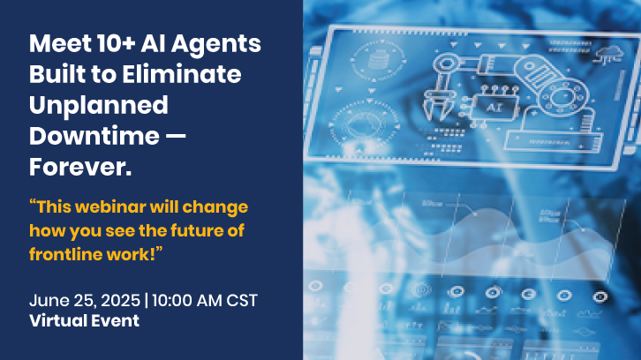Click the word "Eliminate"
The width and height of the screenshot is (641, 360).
pyautogui.click(x=196, y=75)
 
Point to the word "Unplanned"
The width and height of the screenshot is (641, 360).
pyautogui.click(x=98, y=106)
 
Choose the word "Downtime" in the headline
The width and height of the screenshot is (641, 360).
pyautogui.click(x=96, y=137)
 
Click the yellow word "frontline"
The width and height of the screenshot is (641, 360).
pyautogui.click(x=64, y=253)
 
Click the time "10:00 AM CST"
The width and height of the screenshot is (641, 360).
pyautogui.click(x=205, y=300)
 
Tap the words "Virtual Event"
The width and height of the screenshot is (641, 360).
pyautogui.click(x=84, y=321)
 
